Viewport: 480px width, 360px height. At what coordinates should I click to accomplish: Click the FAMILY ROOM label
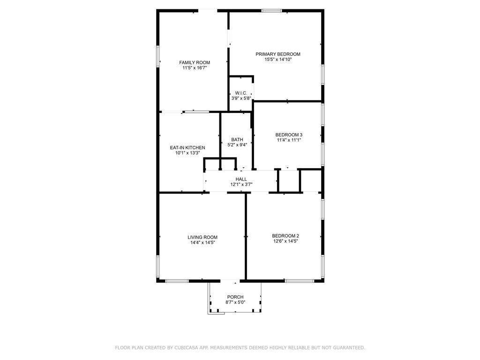[x=195, y=62]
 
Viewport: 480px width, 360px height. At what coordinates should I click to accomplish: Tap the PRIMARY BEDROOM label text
[x=277, y=54]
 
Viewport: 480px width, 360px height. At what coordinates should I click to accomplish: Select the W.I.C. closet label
[x=241, y=93]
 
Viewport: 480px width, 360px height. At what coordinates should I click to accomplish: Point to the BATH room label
[x=237, y=139]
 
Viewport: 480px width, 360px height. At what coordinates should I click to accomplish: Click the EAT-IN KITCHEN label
[x=187, y=148]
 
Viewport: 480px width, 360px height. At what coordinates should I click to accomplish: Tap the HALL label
[x=241, y=179]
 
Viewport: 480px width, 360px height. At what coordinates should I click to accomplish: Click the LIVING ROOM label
[x=202, y=237]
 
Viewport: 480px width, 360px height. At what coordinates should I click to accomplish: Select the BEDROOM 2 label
[x=285, y=236]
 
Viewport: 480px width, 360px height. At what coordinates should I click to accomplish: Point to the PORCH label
[x=235, y=297]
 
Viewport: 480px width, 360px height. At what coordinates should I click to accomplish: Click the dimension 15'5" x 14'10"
[x=277, y=60]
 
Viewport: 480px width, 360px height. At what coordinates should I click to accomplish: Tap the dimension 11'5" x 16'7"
[x=195, y=68]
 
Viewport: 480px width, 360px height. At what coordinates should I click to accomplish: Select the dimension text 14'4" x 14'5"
[x=202, y=243]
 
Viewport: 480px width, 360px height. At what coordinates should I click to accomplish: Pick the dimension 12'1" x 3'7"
[x=241, y=185]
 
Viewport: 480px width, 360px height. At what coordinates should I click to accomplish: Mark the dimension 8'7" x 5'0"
[x=235, y=302]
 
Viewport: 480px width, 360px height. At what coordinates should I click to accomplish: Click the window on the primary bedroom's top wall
[x=271, y=10]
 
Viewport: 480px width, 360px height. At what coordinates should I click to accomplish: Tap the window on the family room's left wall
[x=158, y=56]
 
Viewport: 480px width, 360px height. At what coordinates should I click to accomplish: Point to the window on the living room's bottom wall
[x=177, y=281]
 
